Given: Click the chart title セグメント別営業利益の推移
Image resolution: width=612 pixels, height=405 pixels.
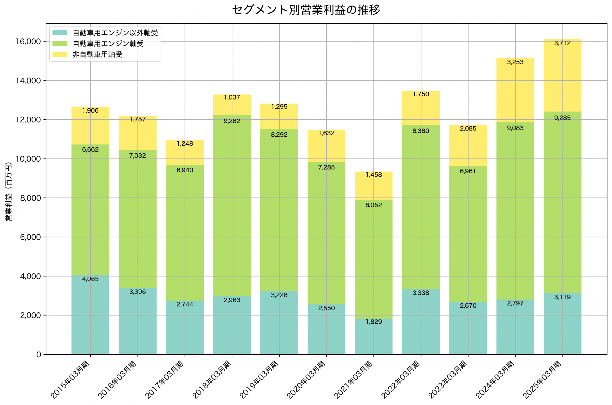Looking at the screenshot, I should click(306, 10).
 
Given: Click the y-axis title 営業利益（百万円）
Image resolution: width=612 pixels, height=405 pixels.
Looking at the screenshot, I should click(9, 191).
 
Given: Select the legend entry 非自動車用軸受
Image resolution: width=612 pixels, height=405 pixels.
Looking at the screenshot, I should click(97, 54).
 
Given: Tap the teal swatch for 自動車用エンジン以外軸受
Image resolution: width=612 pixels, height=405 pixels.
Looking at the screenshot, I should click(60, 33).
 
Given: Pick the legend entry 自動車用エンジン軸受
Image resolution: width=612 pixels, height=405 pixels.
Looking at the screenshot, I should click(108, 44).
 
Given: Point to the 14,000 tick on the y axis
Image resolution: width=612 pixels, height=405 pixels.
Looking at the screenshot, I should click(28, 81).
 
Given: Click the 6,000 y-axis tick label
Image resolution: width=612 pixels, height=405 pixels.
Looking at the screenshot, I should click(30, 237).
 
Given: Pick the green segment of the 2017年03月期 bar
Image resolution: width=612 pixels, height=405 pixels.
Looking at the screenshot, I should click(185, 232).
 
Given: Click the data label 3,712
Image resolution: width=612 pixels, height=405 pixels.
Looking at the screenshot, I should click(562, 43).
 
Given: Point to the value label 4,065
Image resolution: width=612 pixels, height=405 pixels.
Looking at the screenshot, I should click(90, 279).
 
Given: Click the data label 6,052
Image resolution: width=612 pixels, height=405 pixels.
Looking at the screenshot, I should click(373, 205).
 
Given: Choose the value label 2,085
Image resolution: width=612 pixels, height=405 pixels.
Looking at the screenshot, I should click(468, 128).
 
